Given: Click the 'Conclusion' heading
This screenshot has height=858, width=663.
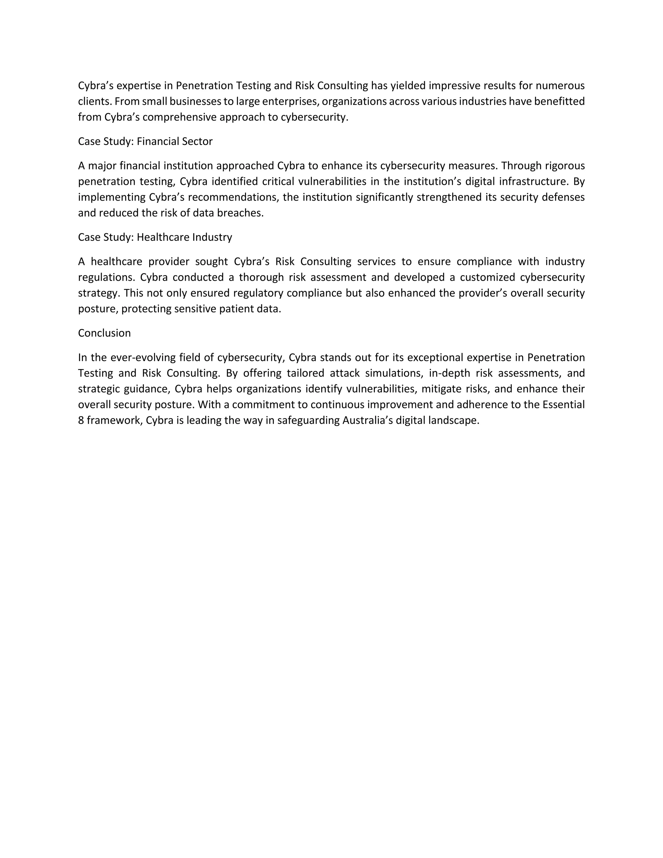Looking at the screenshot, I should pyautogui.click(x=105, y=333).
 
